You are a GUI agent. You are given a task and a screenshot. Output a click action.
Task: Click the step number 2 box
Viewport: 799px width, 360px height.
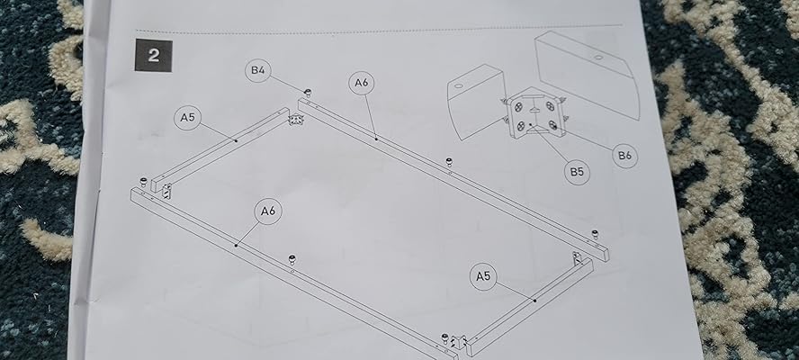point(154,55)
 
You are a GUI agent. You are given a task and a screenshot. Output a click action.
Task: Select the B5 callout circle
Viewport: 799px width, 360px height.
point(575,170)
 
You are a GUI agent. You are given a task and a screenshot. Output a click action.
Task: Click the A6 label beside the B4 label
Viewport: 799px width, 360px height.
point(362,83)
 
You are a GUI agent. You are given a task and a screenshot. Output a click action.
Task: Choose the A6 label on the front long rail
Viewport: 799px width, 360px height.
point(268,211)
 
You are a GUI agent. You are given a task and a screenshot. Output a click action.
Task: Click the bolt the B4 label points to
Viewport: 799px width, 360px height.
point(307,93)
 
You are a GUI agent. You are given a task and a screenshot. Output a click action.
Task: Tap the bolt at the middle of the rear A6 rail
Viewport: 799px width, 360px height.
point(448,162)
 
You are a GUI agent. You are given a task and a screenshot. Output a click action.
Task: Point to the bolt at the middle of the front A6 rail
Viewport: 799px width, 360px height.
point(293,261)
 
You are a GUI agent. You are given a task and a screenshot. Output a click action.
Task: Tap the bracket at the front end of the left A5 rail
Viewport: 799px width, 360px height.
point(166,191)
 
